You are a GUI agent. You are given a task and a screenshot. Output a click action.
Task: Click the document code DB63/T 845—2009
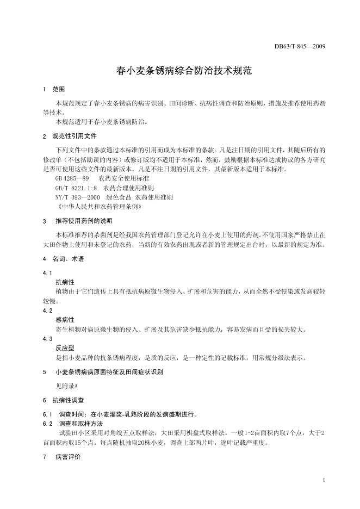(300, 46)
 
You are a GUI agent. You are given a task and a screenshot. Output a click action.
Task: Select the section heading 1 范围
(54, 89)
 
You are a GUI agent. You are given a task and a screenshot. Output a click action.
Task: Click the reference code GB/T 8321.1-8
(76, 188)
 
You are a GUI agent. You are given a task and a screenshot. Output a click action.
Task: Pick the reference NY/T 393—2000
(77, 197)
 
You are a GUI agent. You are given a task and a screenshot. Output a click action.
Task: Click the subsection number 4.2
(47, 311)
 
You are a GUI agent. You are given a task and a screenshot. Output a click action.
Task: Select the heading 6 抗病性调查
(63, 400)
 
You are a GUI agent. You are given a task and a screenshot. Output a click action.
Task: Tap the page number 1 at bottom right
(324, 481)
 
